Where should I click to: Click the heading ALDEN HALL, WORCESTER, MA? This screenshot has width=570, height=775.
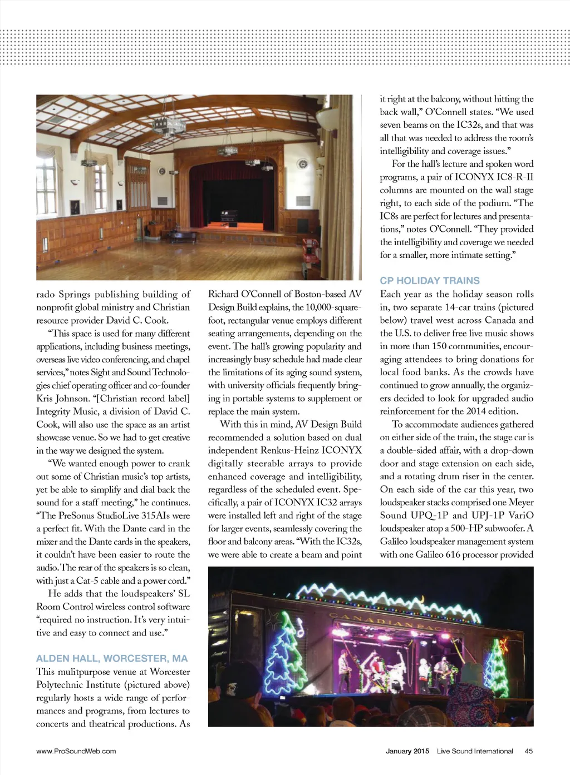112,658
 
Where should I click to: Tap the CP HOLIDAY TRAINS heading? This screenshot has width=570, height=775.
430,281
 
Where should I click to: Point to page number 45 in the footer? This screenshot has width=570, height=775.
528,751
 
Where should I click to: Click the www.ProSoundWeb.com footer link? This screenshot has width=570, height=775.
76,751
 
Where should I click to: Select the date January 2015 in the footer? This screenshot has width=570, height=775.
407,751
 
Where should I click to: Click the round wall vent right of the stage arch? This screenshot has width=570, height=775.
302,164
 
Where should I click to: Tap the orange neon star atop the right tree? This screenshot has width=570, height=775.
503,646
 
